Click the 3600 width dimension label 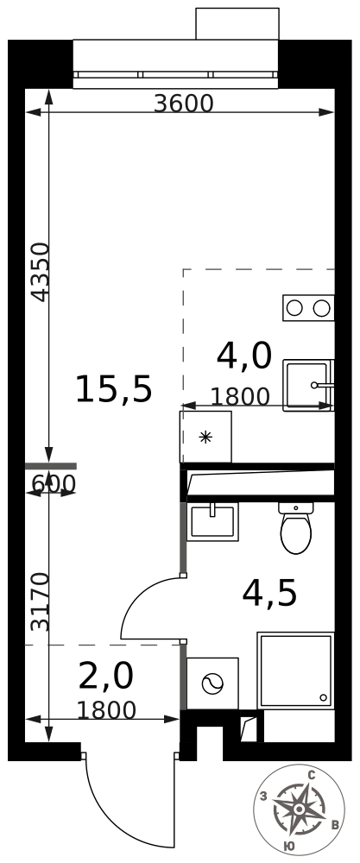pos(183,103)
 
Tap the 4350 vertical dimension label pos(41,272)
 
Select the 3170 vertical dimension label pos(41,602)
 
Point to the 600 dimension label pos(54,484)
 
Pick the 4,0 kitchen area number pos(244,356)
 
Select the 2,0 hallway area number pos(106,677)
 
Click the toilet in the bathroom pos(295,527)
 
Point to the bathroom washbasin pos(212,521)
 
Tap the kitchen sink pos(309,385)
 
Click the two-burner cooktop pos(308,308)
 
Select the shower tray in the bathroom pos(296,671)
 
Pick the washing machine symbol pos(212,683)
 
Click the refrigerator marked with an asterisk pos(205,437)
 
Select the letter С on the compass pos(311,776)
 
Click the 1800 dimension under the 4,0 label pos(240,396)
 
